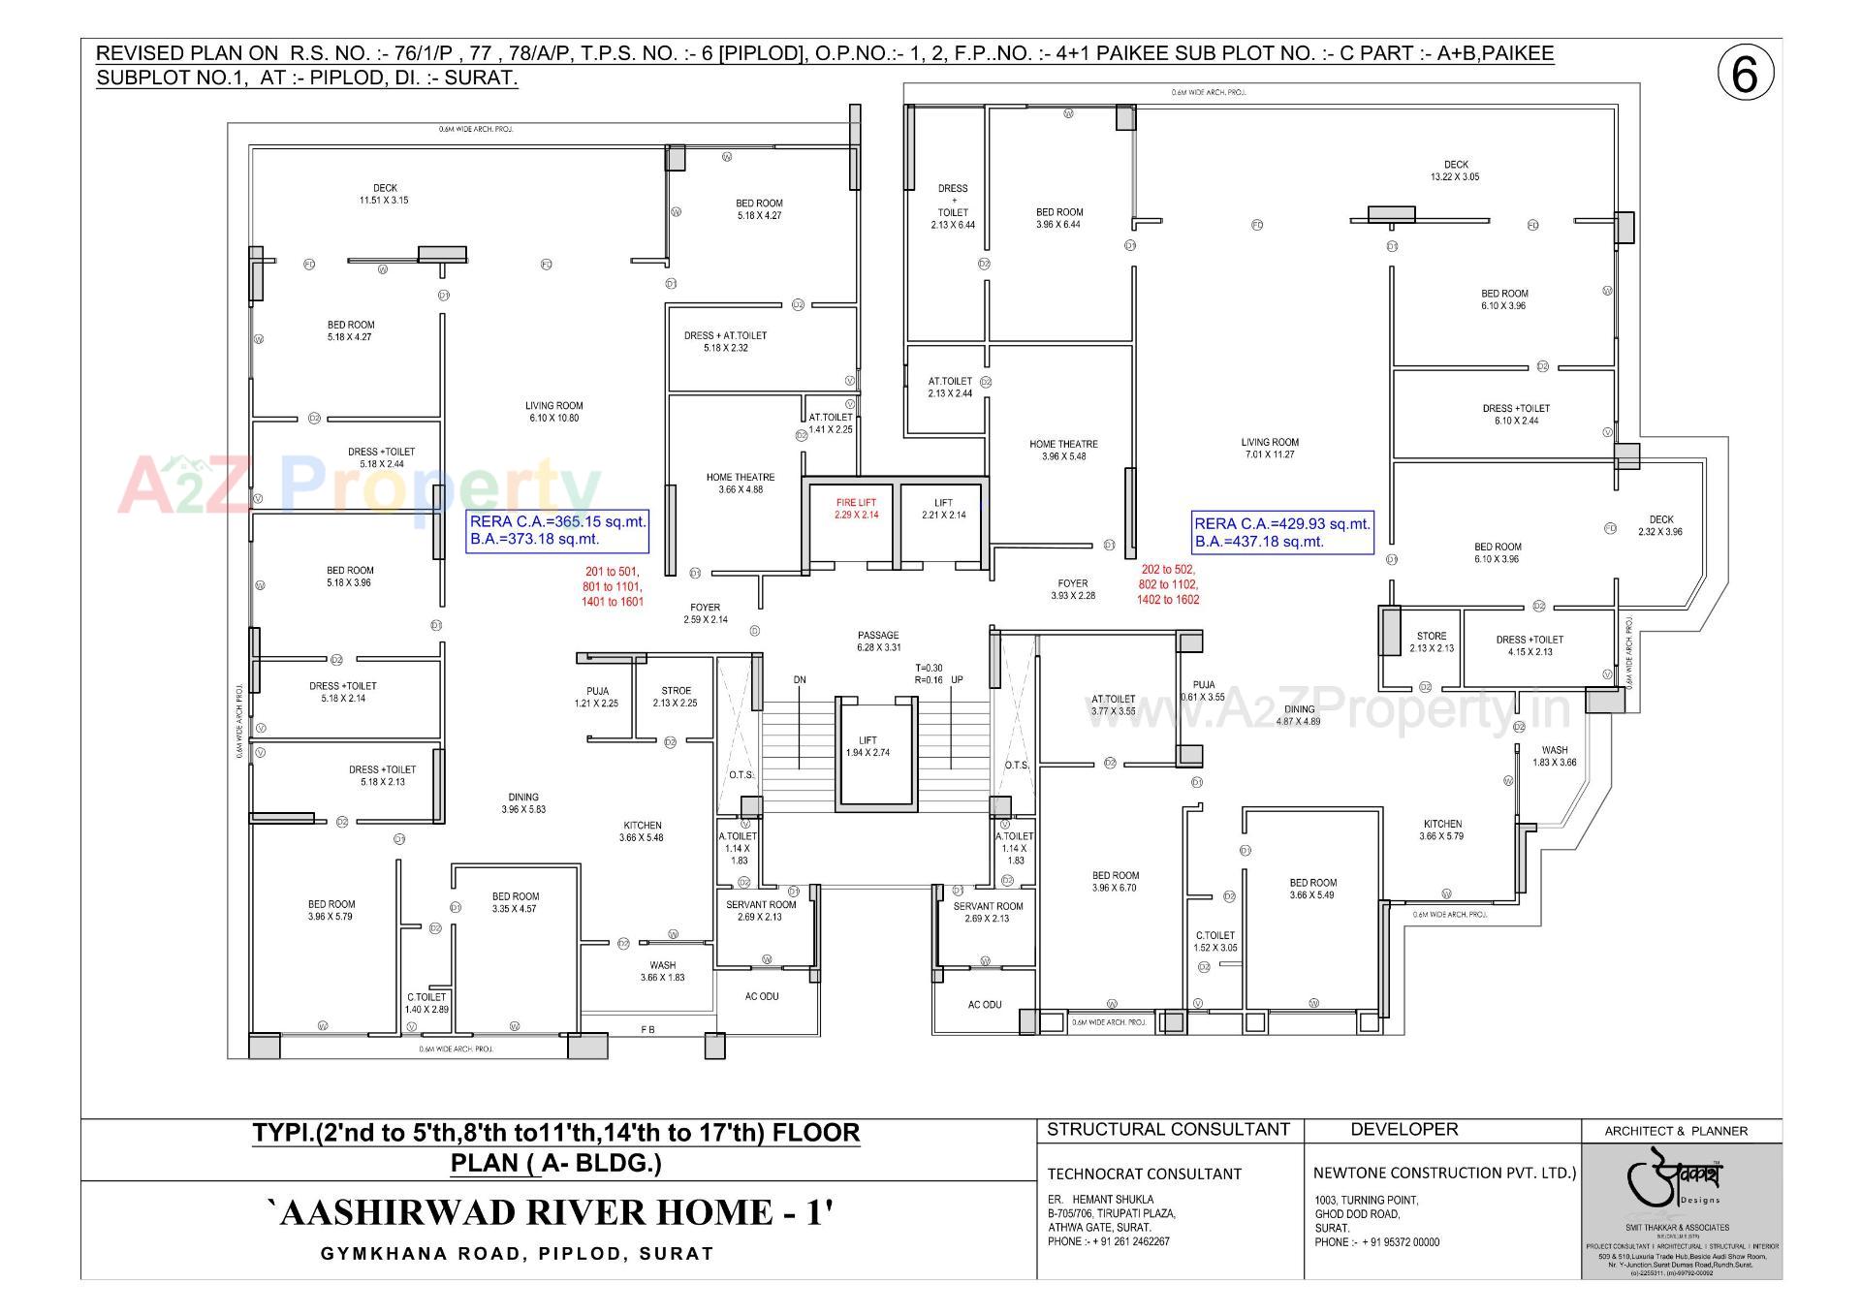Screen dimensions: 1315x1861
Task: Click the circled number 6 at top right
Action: pyautogui.click(x=1745, y=75)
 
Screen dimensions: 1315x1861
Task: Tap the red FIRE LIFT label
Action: pyautogui.click(x=856, y=509)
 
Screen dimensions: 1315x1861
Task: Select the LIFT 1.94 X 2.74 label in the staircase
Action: pyautogui.click(x=867, y=746)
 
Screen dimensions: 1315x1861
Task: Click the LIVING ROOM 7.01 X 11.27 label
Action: pyautogui.click(x=1270, y=448)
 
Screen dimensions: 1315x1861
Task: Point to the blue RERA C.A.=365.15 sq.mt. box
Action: pyautogui.click(x=557, y=530)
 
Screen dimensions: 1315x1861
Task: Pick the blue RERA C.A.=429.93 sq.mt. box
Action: pyautogui.click(x=1282, y=532)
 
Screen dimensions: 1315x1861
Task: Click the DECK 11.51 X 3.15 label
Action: pyautogui.click(x=385, y=194)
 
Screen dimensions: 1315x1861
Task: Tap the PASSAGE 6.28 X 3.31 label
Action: pyautogui.click(x=878, y=641)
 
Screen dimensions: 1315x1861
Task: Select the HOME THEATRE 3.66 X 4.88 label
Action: pyautogui.click(x=741, y=483)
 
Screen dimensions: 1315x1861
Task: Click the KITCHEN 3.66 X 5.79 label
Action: pyautogui.click(x=1441, y=830)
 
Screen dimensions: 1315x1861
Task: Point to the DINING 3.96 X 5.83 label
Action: pyautogui.click(x=523, y=802)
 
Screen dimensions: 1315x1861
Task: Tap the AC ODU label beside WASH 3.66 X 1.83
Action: pyautogui.click(x=762, y=996)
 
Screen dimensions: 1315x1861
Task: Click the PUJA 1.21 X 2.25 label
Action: pyautogui.click(x=597, y=697)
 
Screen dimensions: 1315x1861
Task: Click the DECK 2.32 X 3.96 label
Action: pyautogui.click(x=1660, y=525)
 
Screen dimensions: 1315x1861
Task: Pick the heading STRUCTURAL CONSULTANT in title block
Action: pyautogui.click(x=1168, y=1129)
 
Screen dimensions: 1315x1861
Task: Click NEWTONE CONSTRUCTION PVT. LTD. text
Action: pyautogui.click(x=1444, y=1173)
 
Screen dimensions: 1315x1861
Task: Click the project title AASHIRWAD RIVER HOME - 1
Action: pyautogui.click(x=549, y=1212)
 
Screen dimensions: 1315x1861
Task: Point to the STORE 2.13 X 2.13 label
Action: pyautogui.click(x=1431, y=642)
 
